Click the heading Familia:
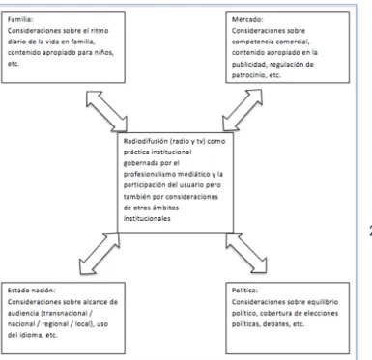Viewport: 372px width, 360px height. [x=20, y=19]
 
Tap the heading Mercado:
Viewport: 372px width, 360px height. [x=247, y=19]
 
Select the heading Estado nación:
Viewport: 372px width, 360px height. [x=32, y=291]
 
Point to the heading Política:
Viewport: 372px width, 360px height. [x=244, y=291]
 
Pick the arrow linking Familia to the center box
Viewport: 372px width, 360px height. [x=106, y=111]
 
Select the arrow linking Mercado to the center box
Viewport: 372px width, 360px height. [x=243, y=110]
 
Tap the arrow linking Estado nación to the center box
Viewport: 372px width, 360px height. [x=100, y=253]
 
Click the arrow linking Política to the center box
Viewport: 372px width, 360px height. [x=246, y=253]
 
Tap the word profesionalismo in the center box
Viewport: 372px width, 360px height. [x=149, y=174]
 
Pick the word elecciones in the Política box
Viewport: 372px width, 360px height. [x=322, y=313]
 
